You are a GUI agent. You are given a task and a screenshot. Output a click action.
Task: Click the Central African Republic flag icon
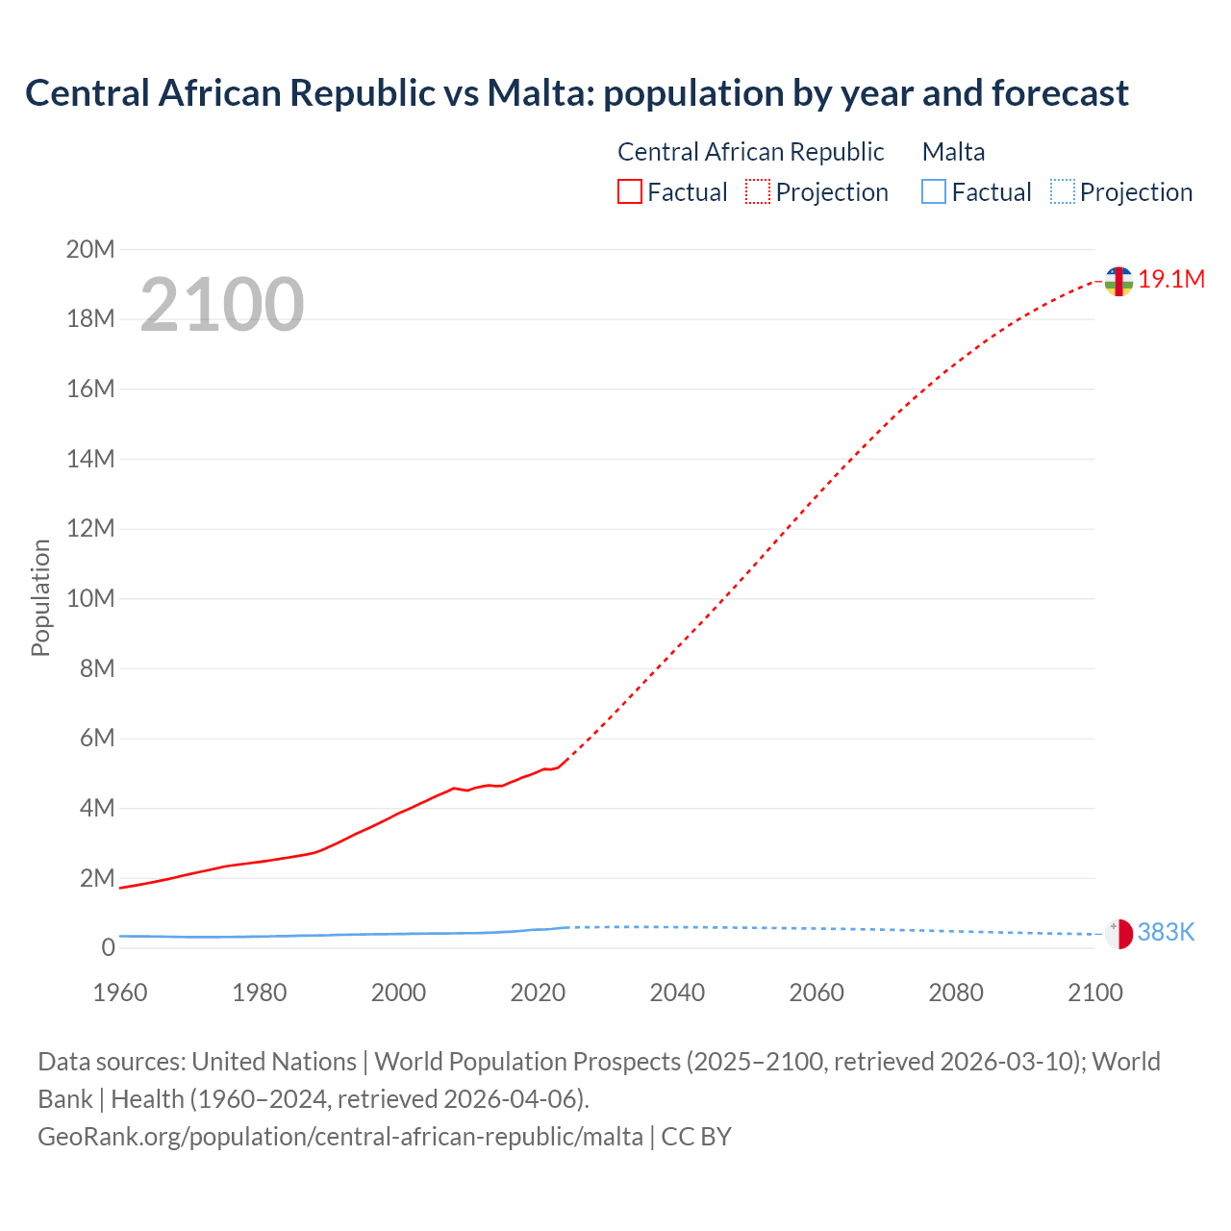tap(1118, 281)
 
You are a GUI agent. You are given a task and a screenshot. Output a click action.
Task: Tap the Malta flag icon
tap(1118, 933)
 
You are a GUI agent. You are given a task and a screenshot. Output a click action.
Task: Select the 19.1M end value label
tap(1171, 280)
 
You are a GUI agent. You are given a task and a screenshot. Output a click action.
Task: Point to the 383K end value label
tap(1166, 932)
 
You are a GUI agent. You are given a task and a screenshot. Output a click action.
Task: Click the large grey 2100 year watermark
tap(222, 305)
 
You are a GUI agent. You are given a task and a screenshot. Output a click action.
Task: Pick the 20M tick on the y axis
tap(90, 250)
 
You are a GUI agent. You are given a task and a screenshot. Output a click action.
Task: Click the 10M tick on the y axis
tap(90, 599)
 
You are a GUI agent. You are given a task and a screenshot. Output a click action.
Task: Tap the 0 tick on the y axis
tap(108, 948)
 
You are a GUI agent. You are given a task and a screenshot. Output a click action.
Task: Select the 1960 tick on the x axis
tap(120, 992)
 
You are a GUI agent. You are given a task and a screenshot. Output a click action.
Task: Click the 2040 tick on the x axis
tap(677, 992)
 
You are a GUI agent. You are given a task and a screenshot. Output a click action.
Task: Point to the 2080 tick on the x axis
tap(956, 992)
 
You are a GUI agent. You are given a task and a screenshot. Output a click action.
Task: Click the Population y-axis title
tap(40, 598)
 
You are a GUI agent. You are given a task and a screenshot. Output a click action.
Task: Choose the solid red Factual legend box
tap(630, 192)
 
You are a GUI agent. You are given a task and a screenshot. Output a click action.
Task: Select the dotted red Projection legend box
tap(758, 192)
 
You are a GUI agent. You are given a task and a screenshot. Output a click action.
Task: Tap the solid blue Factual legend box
tap(934, 192)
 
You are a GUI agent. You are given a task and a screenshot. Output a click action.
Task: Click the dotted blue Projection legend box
tap(1062, 192)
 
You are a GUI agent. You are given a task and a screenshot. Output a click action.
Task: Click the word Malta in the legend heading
tap(953, 152)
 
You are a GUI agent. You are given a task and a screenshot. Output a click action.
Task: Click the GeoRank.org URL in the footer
tap(340, 1137)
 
